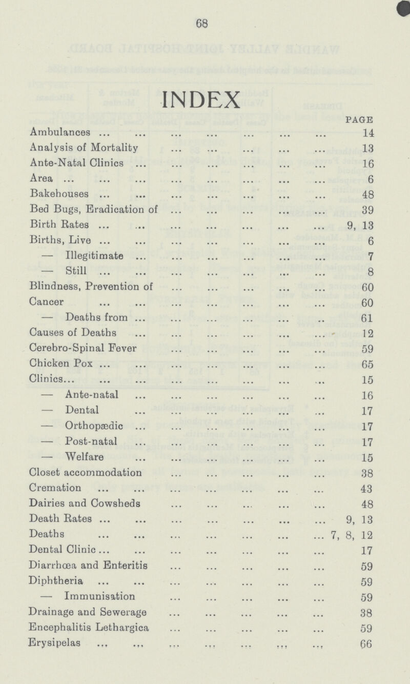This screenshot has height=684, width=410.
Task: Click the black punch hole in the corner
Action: point(405,4)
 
